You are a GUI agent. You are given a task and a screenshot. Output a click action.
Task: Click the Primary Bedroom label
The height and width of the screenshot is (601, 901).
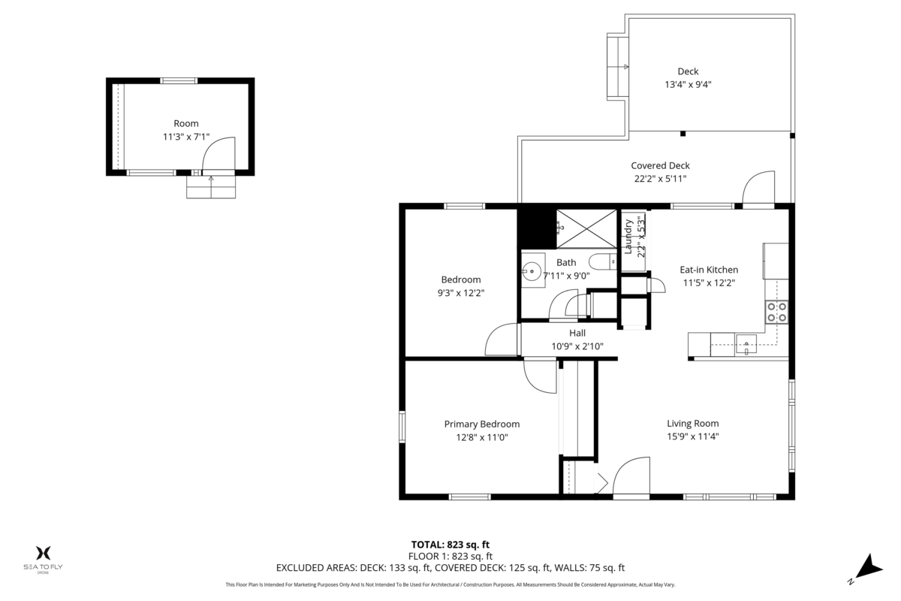(x=481, y=424)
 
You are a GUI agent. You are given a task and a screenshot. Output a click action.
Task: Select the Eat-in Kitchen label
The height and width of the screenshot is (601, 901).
(x=709, y=270)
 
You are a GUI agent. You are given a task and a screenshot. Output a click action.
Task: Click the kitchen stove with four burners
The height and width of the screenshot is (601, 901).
(x=777, y=312)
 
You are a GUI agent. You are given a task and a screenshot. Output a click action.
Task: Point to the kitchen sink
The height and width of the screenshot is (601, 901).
(x=746, y=345)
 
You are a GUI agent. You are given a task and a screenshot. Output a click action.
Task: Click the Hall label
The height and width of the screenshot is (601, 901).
(x=577, y=333)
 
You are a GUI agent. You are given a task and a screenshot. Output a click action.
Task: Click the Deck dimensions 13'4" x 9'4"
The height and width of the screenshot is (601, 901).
(x=688, y=85)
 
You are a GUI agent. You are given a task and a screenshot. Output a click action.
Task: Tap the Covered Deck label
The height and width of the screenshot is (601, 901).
(x=660, y=165)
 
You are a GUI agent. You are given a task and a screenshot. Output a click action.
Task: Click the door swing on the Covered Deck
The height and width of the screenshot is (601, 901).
(x=758, y=187)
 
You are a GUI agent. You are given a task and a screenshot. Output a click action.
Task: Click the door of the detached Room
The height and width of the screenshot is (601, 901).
(x=220, y=155)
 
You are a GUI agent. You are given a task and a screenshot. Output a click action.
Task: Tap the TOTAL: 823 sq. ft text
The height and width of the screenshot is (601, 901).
(x=450, y=545)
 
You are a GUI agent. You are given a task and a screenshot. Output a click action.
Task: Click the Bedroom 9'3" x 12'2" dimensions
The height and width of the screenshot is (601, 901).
(x=460, y=293)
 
